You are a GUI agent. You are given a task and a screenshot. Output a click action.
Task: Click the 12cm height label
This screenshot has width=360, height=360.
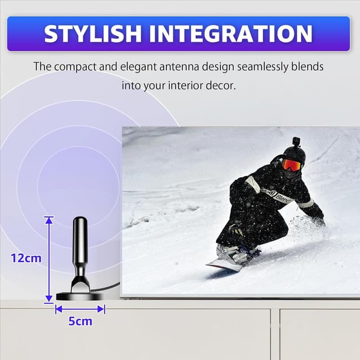[x=26, y=258]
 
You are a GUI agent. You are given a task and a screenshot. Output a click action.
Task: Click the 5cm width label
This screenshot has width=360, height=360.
[x=80, y=321]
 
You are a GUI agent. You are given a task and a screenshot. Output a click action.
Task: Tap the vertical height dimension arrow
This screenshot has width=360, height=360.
[x=49, y=259]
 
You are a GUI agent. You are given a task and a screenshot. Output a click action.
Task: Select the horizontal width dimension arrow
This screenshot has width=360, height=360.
[x=80, y=308]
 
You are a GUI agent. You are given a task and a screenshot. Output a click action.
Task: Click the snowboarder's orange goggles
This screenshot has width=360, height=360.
[x=291, y=164]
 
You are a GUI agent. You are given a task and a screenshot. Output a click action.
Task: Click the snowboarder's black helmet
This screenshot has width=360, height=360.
[x=294, y=154]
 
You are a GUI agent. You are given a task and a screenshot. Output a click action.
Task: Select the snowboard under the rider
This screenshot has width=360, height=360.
[x=225, y=264]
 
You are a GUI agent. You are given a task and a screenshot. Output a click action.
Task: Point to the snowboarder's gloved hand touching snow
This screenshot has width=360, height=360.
[x=319, y=222]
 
